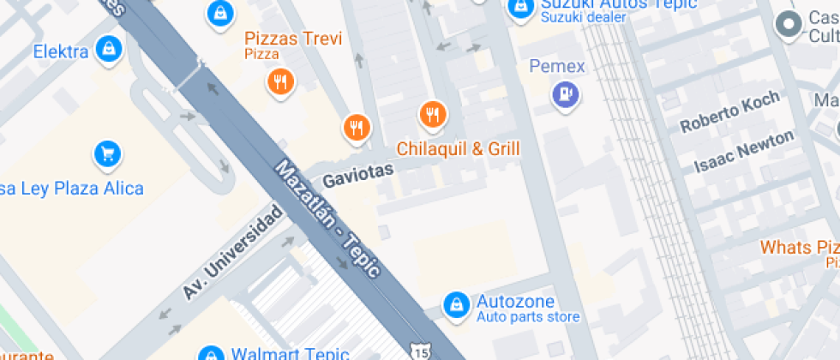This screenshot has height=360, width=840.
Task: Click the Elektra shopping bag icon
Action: click(x=107, y=49)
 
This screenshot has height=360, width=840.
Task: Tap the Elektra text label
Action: click(x=61, y=52)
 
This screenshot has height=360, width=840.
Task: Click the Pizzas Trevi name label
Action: click(x=293, y=39)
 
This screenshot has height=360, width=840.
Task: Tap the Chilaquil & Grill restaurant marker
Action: click(x=433, y=114)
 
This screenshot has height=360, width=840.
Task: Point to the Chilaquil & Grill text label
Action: click(x=459, y=149)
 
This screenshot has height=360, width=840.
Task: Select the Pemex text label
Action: click(x=557, y=66)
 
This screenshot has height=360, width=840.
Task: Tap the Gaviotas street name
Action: click(x=357, y=175)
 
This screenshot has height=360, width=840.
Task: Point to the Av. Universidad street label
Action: click(x=232, y=252)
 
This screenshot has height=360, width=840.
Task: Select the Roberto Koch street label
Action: click(x=729, y=112)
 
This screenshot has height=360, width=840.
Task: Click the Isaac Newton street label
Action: click(x=743, y=151)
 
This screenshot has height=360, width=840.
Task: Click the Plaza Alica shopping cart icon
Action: click(x=107, y=154)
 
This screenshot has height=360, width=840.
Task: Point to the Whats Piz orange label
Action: click(x=799, y=248)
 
